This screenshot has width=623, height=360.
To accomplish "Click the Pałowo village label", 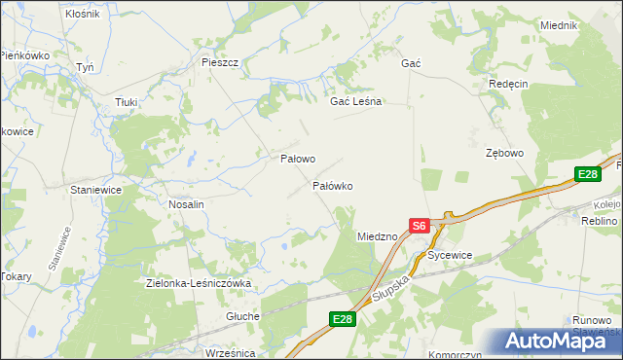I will pyautogui.click(x=298, y=159).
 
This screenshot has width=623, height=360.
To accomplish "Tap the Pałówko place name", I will pyautogui.click(x=332, y=185).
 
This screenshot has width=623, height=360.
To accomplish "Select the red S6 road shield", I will pyautogui.click(x=419, y=225).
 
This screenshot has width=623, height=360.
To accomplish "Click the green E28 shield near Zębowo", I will pyautogui.click(x=587, y=175).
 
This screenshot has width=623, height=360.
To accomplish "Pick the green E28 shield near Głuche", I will pyautogui.click(x=342, y=319).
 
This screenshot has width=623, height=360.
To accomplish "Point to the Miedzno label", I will pyautogui.click(x=378, y=236).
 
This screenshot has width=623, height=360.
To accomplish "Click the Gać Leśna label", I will pyautogui.click(x=356, y=101).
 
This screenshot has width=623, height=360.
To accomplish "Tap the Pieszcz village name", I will pyautogui.click(x=220, y=62).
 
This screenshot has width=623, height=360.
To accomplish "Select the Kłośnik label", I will pyautogui.click(x=82, y=15).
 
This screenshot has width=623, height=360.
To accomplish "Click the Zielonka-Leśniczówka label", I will pyautogui.click(x=199, y=283).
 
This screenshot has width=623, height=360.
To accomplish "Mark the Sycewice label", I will pyautogui.click(x=450, y=255).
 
